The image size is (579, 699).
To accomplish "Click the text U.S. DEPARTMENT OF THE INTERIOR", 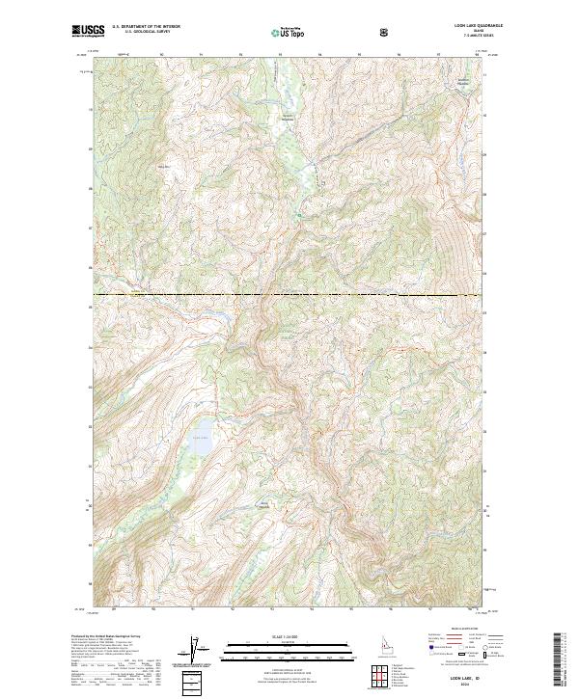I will point(145,28).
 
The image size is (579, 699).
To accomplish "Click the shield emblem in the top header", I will point(385,32).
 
